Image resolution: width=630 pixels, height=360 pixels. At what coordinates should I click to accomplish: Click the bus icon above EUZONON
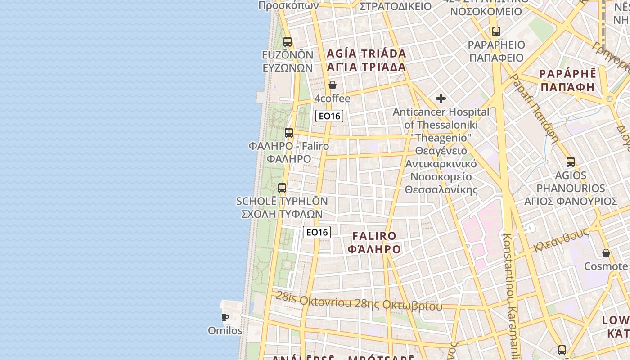[288, 42]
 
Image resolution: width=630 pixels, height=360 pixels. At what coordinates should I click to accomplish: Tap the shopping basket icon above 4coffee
[333, 85]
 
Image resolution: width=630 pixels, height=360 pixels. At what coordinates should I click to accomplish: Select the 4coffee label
[332, 99]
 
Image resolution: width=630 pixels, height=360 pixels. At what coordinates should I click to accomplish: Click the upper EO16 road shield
[329, 116]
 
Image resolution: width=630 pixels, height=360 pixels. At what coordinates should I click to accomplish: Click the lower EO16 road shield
[317, 232]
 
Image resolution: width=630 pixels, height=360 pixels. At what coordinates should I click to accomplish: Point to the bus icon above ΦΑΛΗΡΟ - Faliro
[289, 133]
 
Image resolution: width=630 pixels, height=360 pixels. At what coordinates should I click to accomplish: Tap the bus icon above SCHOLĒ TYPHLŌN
[282, 188]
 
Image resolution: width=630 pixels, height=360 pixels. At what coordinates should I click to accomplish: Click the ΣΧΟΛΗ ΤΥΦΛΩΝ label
[282, 214]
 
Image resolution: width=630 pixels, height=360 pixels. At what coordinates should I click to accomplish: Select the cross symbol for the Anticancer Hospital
[441, 99]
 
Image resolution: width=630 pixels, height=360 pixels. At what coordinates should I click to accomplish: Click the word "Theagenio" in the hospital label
[441, 137]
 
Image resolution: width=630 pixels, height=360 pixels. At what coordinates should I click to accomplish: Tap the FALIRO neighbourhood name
[374, 236]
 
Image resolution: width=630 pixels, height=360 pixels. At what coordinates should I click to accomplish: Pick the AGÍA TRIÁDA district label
[366, 54]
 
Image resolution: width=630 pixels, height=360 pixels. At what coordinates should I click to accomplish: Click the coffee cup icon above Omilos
[225, 317]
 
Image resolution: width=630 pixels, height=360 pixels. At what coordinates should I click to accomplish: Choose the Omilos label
[225, 331]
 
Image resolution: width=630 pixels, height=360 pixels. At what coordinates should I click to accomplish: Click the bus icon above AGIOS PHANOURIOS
[571, 162]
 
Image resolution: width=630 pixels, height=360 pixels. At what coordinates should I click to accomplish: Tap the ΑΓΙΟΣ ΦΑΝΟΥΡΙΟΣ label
[571, 201]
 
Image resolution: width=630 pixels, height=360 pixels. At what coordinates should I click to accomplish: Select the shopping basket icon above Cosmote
[606, 253]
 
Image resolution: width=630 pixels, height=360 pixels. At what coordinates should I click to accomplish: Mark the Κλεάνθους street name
[561, 241]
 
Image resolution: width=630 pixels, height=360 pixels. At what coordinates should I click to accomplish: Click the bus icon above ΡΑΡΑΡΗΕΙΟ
[496, 31]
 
